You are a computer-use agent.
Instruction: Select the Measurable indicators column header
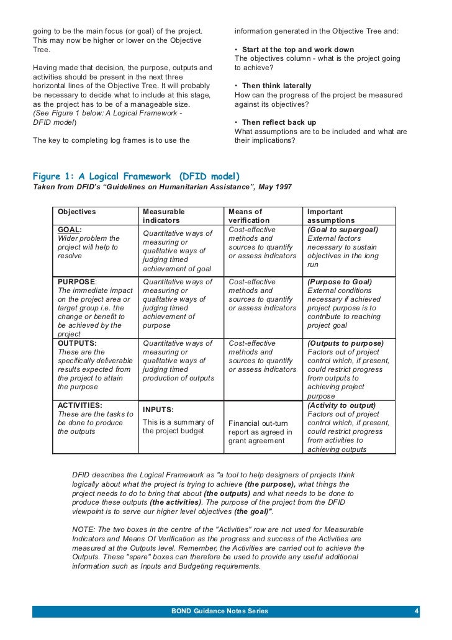(163, 216)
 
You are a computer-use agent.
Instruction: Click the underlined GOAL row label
(70, 230)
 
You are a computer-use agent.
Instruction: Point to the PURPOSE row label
(77, 282)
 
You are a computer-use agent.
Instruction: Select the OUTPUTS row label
(77, 343)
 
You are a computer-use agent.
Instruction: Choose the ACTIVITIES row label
(80, 405)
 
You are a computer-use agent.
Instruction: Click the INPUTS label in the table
(158, 410)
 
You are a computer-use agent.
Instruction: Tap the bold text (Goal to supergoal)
(343, 230)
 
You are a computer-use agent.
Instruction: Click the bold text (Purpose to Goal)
(340, 282)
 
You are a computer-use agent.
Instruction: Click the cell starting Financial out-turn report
(260, 432)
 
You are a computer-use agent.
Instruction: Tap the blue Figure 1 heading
(136, 175)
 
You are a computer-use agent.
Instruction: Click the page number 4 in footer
(417, 611)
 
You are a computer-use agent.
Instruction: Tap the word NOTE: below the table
(83, 530)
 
